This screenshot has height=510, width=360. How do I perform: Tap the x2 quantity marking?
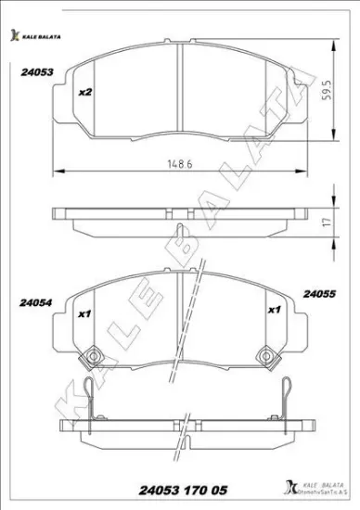point(84,92)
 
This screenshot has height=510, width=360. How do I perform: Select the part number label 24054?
point(34,300)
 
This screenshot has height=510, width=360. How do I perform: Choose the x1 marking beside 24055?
point(274,310)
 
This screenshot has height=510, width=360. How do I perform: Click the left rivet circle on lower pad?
point(93,354)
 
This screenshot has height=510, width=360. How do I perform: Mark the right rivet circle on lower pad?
point(266,354)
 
